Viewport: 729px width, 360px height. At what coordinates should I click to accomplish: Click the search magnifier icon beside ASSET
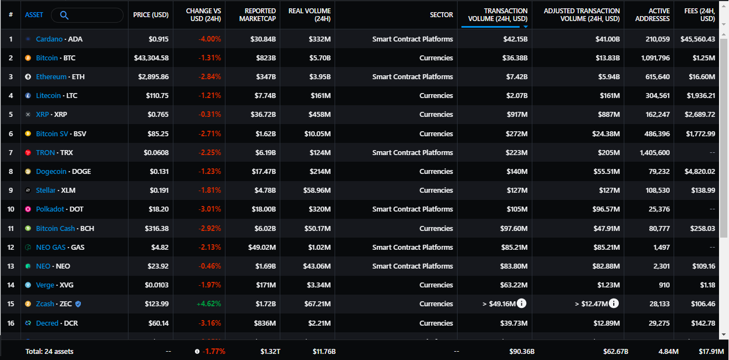(x=64, y=15)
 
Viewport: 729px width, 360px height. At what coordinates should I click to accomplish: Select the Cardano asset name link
(x=49, y=39)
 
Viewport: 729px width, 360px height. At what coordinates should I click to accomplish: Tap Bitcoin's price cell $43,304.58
(x=151, y=58)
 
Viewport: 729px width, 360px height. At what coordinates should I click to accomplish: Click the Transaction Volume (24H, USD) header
(x=497, y=15)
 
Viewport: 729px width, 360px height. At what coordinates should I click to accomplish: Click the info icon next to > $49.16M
(x=521, y=303)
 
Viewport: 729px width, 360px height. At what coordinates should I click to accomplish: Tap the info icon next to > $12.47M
(x=614, y=303)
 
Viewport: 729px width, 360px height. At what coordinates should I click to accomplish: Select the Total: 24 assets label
(x=49, y=351)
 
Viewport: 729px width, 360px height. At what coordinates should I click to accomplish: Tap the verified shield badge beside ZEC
(x=78, y=304)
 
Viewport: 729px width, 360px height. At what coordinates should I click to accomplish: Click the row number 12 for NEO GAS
(x=11, y=247)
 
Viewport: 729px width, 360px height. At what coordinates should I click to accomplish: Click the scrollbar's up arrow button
(x=724, y=6)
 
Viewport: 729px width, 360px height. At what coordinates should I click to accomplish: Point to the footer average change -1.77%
(x=213, y=351)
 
